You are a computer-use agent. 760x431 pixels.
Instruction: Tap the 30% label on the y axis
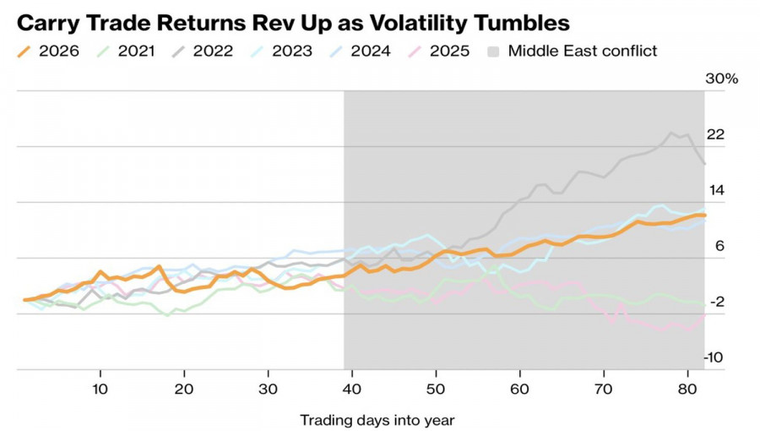(x=722, y=79)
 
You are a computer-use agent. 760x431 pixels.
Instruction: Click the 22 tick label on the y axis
(x=715, y=135)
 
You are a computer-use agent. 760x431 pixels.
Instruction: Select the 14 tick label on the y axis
(x=715, y=191)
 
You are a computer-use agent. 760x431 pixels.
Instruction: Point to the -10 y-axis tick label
(x=714, y=358)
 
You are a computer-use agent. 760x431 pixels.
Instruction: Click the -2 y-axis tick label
(x=716, y=303)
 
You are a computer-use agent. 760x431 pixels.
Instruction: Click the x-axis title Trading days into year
(x=377, y=419)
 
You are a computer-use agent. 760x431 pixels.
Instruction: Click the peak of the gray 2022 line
(x=672, y=133)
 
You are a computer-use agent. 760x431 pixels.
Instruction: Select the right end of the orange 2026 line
(x=703, y=215)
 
